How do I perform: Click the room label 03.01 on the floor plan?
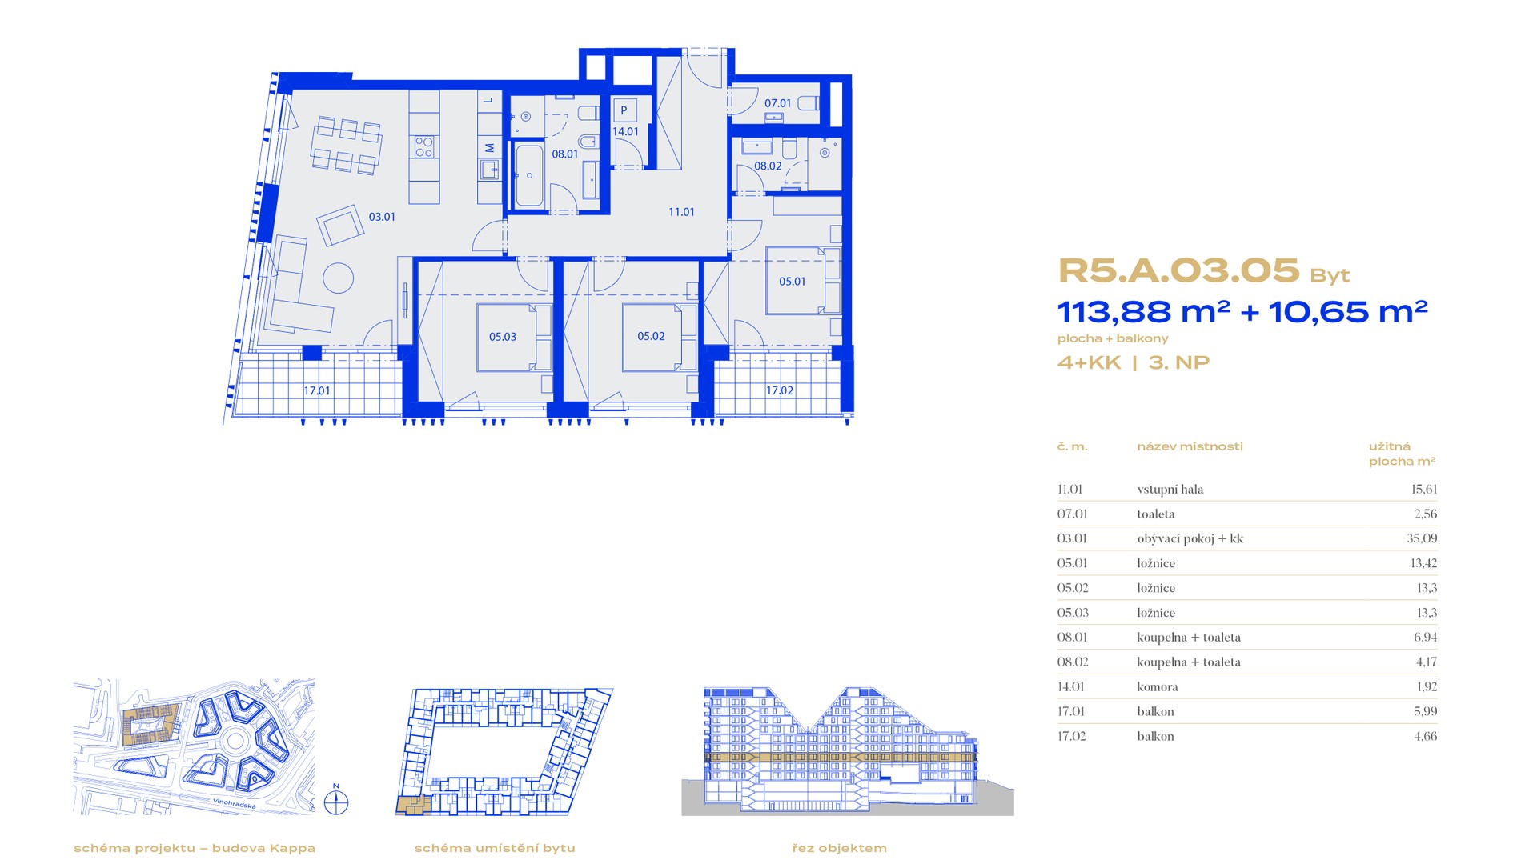tap(382, 217)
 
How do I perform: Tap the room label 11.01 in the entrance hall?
tap(682, 212)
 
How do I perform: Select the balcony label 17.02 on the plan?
tap(780, 390)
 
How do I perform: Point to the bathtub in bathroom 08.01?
tap(528, 176)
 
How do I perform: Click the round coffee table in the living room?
tap(339, 278)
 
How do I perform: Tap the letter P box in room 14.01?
tap(624, 111)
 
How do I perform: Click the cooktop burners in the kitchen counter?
tap(424, 146)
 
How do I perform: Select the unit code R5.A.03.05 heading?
tap(1178, 271)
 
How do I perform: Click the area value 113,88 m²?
tap(1143, 311)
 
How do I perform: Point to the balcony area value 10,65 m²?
tap(1348, 311)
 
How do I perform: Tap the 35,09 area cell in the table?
tap(1422, 538)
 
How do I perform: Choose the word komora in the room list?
tap(1158, 686)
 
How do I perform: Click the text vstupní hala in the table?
tap(1170, 490)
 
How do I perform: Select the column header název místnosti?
tap(1190, 446)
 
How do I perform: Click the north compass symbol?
tap(336, 801)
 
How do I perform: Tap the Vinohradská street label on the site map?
tap(235, 803)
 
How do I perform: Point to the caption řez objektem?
tap(840, 848)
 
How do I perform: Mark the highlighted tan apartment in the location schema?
tap(413, 806)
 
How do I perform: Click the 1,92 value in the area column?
tap(1426, 686)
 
